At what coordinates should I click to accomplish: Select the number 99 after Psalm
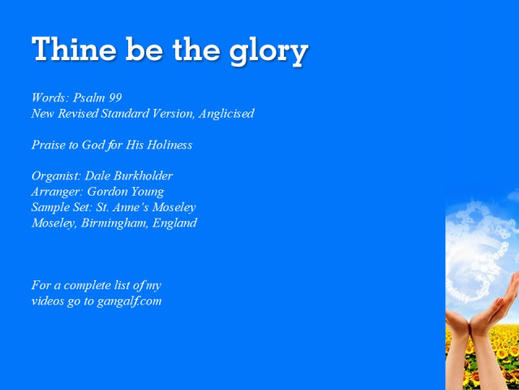pos(115,98)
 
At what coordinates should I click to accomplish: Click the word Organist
pos(55,176)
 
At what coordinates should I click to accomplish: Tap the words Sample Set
pos(62,207)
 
